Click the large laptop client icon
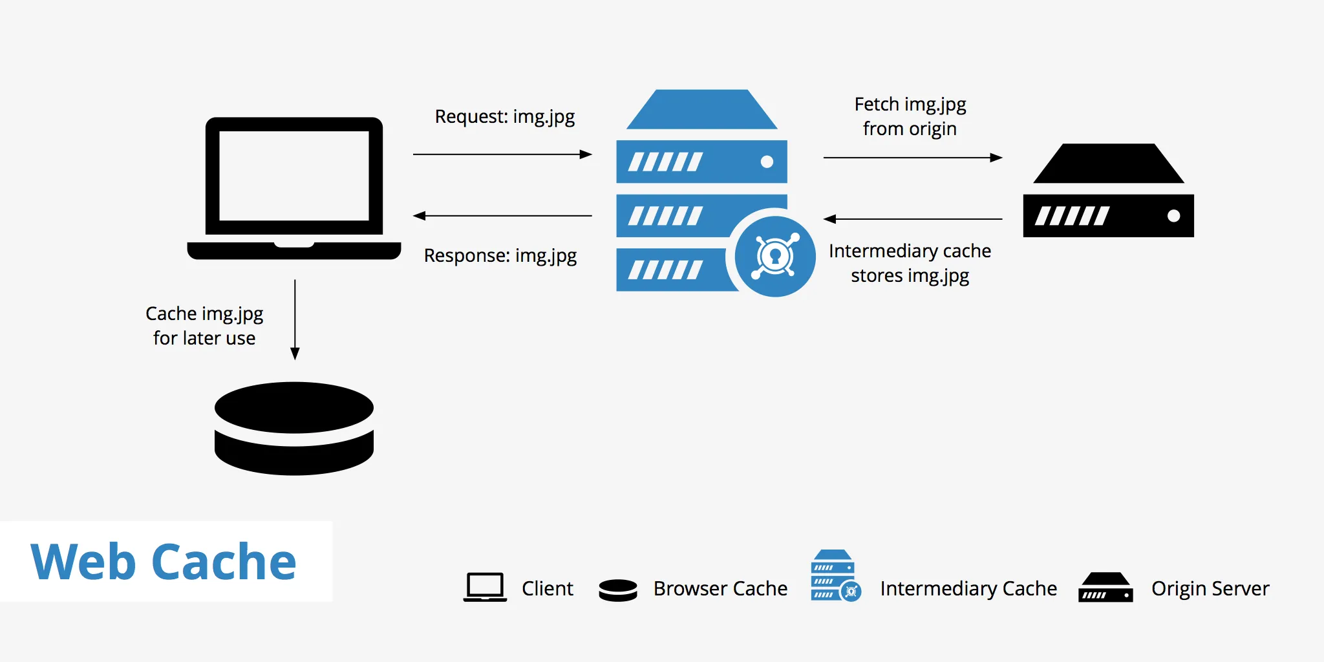[294, 188]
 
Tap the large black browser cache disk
[294, 428]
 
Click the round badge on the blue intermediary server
[774, 257]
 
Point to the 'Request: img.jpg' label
[504, 117]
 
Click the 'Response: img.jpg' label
[500, 256]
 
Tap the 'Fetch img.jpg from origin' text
[910, 116]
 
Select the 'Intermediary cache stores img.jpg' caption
[910, 263]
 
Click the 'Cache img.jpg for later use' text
[204, 326]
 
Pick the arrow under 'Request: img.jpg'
[502, 155]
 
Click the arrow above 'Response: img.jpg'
[502, 216]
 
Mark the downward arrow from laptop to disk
[295, 319]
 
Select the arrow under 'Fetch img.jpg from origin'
[912, 157]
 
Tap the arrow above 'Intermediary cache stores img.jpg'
[912, 219]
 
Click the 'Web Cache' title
[164, 562]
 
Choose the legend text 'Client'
[547, 589]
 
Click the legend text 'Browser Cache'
[720, 589]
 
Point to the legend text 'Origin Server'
[1210, 589]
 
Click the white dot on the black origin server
[1173, 216]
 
